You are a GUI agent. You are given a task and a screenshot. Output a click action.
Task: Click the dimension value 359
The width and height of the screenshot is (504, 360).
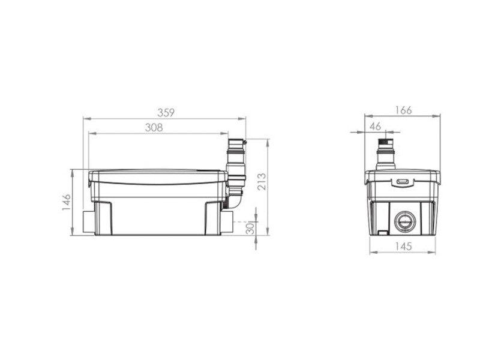pyautogui.click(x=166, y=112)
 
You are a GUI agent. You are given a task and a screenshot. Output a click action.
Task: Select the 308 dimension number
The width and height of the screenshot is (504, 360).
pyautogui.click(x=154, y=127)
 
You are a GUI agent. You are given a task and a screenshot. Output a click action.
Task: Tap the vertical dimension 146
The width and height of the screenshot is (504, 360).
pyautogui.click(x=67, y=202)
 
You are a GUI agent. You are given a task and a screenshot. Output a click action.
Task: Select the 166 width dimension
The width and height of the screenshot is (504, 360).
pyautogui.click(x=403, y=110)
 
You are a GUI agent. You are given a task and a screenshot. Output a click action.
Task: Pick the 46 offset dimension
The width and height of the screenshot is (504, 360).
pyautogui.click(x=376, y=126)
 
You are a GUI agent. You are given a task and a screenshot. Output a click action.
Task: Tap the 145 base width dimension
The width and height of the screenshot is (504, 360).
pyautogui.click(x=403, y=246)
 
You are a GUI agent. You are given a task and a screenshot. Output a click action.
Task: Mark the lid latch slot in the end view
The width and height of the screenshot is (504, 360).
pyautogui.click(x=403, y=181)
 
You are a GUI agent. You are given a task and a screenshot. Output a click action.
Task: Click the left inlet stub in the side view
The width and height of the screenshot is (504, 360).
pyautogui.click(x=89, y=222)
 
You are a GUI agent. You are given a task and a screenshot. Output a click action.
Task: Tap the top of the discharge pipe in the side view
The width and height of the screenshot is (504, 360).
pyautogui.click(x=236, y=142)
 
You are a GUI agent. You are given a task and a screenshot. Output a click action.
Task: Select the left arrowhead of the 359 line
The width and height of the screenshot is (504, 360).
pyautogui.click(x=85, y=119)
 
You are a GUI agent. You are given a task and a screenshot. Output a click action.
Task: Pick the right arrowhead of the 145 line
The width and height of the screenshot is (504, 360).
pyautogui.click(x=434, y=253)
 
